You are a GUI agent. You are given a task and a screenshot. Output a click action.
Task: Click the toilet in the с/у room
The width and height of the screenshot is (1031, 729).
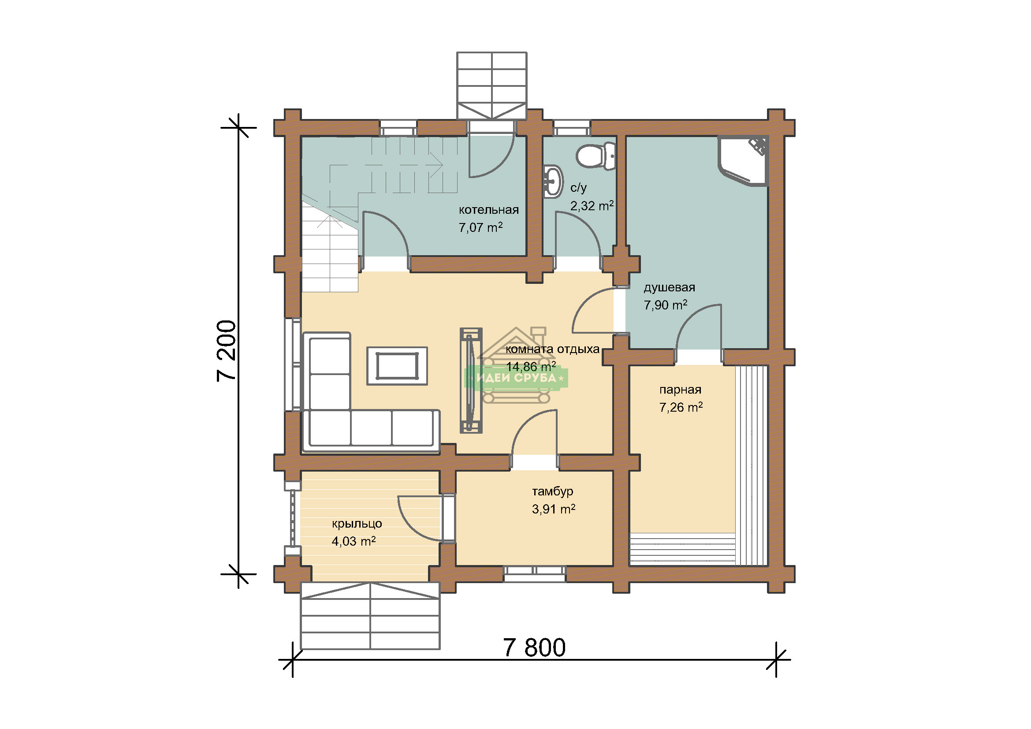(x=596, y=156)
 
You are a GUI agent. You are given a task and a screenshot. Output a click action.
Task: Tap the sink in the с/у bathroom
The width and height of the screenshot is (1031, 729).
(x=553, y=181)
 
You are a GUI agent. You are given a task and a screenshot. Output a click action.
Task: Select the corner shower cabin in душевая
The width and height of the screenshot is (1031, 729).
(x=743, y=160)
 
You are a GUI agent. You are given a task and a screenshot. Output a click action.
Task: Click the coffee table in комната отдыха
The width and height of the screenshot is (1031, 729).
(x=397, y=366)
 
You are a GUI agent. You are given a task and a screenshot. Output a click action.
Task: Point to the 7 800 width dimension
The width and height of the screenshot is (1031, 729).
(x=534, y=648)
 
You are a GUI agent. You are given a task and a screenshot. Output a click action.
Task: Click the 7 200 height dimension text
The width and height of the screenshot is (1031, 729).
(x=226, y=351)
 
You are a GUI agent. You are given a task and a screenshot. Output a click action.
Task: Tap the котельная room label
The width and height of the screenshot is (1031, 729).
(x=488, y=210)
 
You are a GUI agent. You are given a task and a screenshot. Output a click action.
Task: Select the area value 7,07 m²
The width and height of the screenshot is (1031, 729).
(x=480, y=227)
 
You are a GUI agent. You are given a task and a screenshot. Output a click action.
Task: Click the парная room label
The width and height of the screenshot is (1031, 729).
(x=680, y=390)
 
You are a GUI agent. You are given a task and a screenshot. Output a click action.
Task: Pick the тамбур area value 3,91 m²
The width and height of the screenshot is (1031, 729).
(x=554, y=509)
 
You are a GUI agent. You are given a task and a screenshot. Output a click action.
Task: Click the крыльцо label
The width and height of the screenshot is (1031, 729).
(x=357, y=524)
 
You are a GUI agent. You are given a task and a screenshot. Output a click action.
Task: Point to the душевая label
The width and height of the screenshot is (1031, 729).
(x=669, y=288)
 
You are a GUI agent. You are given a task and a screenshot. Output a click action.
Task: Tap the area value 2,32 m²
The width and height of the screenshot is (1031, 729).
(x=592, y=205)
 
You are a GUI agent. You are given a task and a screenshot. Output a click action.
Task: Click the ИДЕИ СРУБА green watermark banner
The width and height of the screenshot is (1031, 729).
(x=516, y=378)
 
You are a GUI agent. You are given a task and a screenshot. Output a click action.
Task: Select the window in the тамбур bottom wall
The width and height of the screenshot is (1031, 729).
(x=534, y=574)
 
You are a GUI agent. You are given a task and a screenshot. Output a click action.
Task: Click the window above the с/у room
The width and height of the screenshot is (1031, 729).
(x=571, y=128)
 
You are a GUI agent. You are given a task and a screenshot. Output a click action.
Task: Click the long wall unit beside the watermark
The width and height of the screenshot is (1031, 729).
(x=471, y=380)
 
